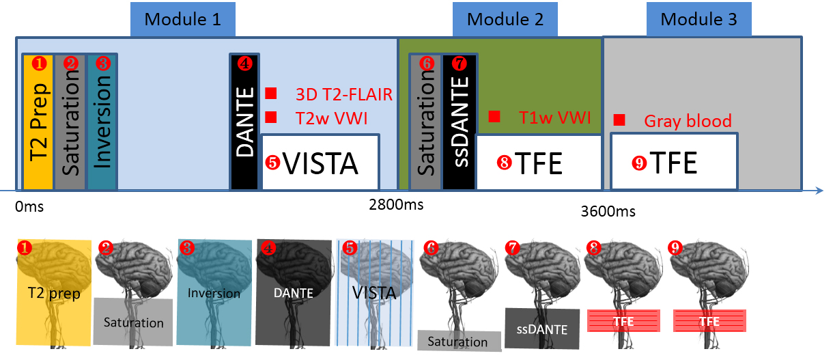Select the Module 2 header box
(x=505, y=19)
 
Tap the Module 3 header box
(x=701, y=19)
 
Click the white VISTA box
(x=320, y=163)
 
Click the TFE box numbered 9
(x=673, y=162)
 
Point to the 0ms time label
(x=29, y=205)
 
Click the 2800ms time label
(x=396, y=204)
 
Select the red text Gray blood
(x=688, y=122)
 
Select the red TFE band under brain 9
(x=709, y=321)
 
